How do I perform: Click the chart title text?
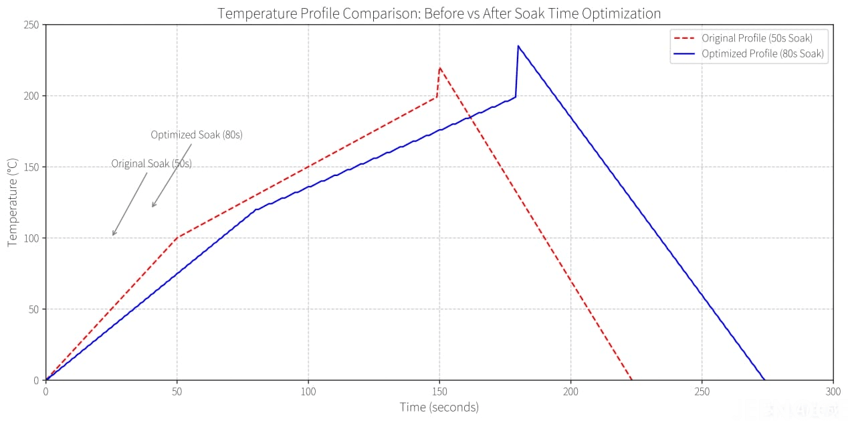(439, 13)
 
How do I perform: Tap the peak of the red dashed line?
(439, 68)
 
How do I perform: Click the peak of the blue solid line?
(518, 46)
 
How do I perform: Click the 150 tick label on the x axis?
(439, 392)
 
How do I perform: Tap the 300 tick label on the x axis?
(833, 392)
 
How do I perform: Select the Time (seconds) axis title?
(439, 407)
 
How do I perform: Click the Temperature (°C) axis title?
(13, 202)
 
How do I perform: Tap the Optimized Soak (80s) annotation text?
(197, 135)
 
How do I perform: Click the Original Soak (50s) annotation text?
(151, 163)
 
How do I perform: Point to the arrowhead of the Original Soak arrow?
(113, 236)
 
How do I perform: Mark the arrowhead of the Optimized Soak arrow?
(152, 207)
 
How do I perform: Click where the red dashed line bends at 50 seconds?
(177, 237)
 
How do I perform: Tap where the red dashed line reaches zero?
(631, 380)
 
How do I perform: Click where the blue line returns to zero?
(764, 380)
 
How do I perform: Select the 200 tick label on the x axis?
(570, 392)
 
